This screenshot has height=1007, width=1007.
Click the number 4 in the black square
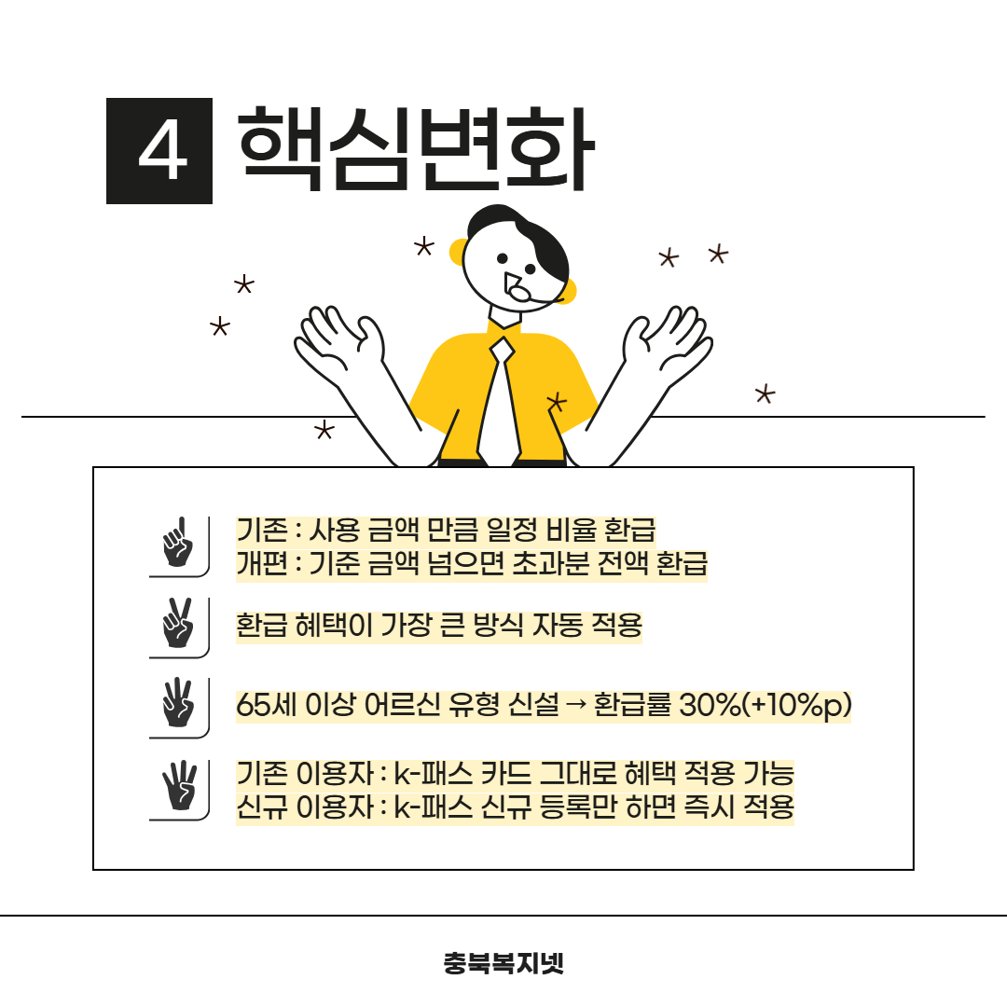163,152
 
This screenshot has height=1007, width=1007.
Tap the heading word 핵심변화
416,149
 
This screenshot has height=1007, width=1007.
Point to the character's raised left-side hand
339,341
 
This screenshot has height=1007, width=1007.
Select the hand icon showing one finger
178,542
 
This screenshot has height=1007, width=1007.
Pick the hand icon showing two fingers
178,622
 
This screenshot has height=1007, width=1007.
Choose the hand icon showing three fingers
178,703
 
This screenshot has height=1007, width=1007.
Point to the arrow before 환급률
577,705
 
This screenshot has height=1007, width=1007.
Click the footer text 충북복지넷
504,962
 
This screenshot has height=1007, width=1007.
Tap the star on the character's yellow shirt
557,402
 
